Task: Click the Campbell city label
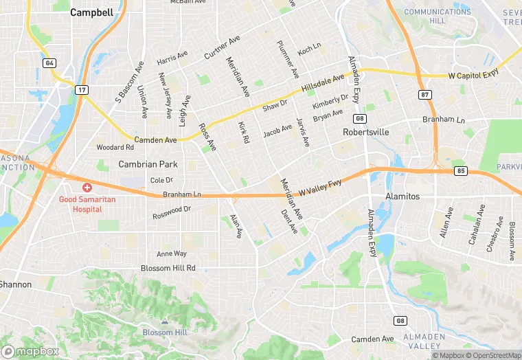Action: click(91, 12)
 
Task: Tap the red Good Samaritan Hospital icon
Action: click(87, 187)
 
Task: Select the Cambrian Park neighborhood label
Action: click(148, 164)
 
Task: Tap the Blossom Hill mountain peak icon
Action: click(163, 321)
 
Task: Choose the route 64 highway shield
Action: click(49, 63)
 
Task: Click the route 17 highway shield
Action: click(82, 90)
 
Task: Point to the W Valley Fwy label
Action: click(320, 184)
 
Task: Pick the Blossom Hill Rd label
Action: click(168, 268)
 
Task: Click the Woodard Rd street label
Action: click(115, 147)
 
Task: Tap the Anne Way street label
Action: click(172, 254)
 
